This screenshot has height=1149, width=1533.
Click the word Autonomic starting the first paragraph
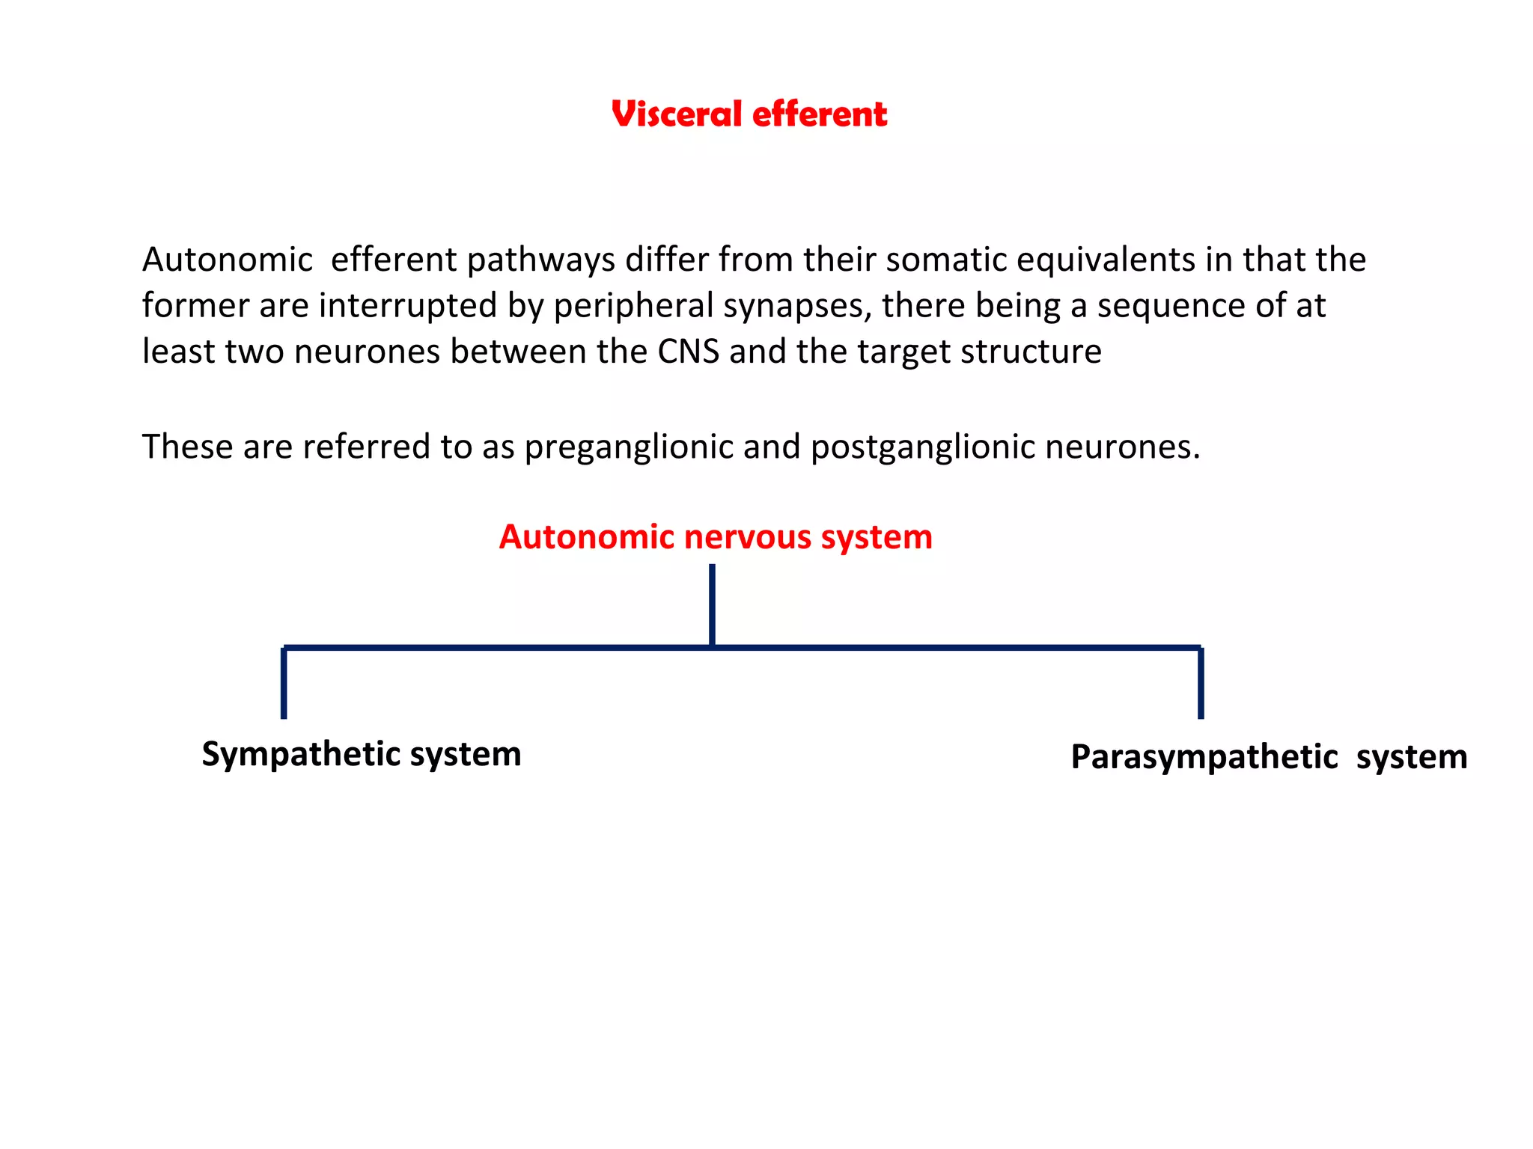coord(228,260)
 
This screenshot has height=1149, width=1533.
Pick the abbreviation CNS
coord(688,352)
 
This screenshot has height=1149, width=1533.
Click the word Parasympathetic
coord(1204,757)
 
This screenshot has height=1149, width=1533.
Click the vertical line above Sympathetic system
coord(284,683)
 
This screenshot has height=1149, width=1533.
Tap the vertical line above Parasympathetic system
coord(1201,683)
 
